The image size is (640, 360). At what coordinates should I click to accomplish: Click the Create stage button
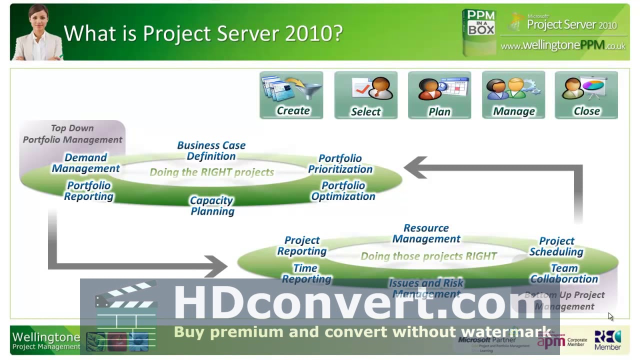291,95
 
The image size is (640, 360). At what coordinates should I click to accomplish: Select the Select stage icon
365,95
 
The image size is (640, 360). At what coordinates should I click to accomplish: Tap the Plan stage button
439,95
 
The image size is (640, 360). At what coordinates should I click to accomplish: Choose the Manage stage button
513,95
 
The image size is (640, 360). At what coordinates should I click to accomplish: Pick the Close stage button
586,95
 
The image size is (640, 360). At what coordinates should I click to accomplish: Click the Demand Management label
86,163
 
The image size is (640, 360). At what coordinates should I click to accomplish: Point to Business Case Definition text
211,150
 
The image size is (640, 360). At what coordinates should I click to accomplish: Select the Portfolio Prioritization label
340,163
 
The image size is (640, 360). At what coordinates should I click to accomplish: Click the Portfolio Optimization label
343,190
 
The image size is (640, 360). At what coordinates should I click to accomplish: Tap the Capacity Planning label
212,205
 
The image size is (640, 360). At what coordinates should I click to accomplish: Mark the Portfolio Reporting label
89,190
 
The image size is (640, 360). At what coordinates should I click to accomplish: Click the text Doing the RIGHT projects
212,172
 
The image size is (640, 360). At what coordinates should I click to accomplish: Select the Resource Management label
426,233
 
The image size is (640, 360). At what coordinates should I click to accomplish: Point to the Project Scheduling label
556,246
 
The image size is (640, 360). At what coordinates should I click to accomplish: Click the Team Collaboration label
564,273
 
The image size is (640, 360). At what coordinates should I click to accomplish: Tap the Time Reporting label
306,273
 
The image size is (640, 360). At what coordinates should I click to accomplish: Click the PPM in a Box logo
479,31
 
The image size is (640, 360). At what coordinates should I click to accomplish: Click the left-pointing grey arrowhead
415,168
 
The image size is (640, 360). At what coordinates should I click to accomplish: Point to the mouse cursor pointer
610,316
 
